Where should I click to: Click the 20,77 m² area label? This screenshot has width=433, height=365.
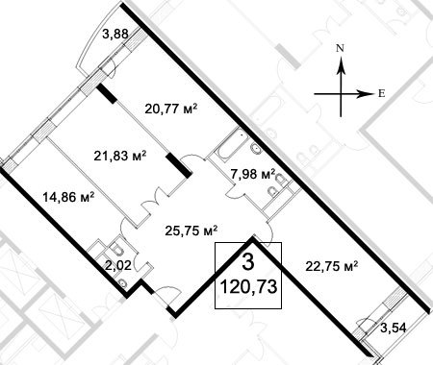(170, 109)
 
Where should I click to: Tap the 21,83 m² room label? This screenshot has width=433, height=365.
(120, 157)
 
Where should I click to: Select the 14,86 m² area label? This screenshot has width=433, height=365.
(68, 197)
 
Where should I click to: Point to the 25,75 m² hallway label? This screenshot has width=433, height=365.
(191, 231)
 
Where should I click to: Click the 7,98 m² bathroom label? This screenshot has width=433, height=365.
(253, 174)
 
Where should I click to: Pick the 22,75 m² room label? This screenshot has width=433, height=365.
(332, 266)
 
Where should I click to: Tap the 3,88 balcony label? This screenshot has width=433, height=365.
(115, 34)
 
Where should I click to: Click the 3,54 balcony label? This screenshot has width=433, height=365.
(394, 328)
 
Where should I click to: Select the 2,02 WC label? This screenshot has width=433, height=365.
(118, 265)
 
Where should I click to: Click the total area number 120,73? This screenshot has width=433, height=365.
(248, 287)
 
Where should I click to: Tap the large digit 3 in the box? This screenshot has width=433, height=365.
(248, 262)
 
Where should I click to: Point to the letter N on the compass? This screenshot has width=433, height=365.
(340, 48)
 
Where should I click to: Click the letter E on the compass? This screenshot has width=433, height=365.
(381, 94)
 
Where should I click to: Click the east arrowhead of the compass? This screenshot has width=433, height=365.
(366, 94)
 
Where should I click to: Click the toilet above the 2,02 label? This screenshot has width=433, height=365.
(115, 249)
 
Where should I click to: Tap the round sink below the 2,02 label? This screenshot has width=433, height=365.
(122, 283)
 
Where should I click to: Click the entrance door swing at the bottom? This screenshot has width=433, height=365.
(170, 294)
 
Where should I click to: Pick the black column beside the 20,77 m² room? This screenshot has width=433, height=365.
(107, 93)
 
